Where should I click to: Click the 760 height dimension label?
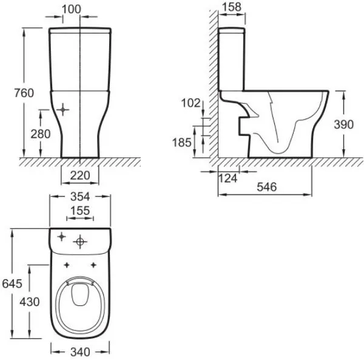(24, 93)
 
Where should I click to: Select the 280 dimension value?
(41, 134)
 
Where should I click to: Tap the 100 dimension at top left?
(72, 9)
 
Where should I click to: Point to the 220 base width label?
(80, 175)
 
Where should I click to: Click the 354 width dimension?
(80, 197)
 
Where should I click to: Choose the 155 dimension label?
(80, 211)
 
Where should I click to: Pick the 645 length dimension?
(12, 284)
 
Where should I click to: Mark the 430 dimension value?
(30, 302)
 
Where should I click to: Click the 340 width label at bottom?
(80, 352)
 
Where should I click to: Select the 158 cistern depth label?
(232, 7)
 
